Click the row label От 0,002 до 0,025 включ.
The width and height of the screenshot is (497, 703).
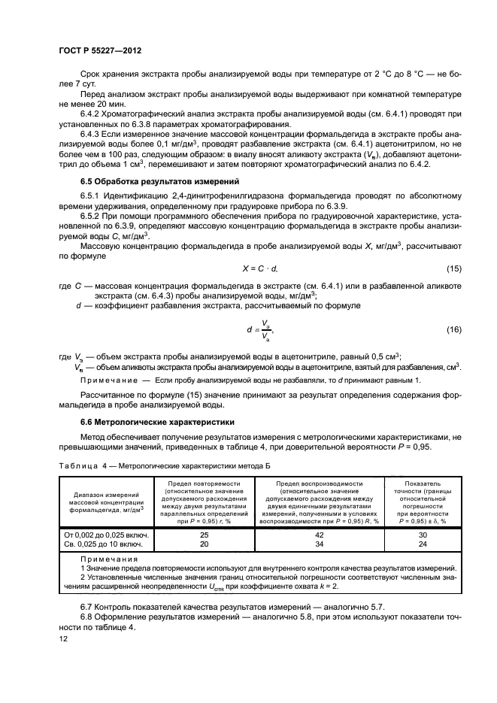click(105, 535)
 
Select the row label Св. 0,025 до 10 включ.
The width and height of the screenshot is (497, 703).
click(105, 544)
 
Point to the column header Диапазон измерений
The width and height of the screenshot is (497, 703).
click(105, 495)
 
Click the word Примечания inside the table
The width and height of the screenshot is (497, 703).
click(108, 559)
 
